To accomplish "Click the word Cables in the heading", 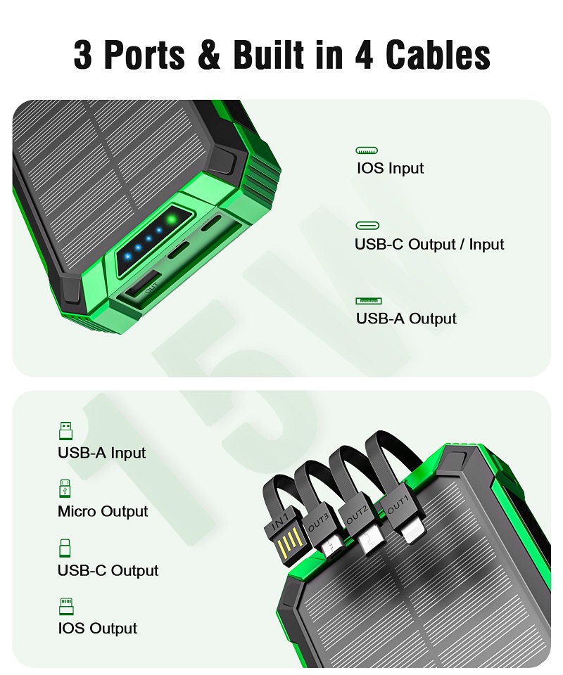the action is [x=438, y=55].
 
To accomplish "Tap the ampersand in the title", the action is [x=209, y=55].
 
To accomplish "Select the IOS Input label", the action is [x=391, y=168].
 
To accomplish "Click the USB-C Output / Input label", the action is [x=429, y=244].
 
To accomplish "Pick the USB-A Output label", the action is [x=406, y=319].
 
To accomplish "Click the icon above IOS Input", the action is [x=367, y=150].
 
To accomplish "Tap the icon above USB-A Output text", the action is [x=369, y=301].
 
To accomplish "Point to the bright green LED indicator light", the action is [x=172, y=220].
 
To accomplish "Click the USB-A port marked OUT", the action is [x=143, y=285].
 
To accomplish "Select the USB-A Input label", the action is [x=101, y=453].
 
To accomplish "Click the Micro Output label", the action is [x=103, y=511].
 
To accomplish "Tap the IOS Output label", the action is [x=97, y=628].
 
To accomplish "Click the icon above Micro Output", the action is [x=65, y=488].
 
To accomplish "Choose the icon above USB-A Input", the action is [x=65, y=430].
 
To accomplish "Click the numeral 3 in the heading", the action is [x=82, y=55].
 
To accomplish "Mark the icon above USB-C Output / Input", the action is [x=367, y=226].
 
